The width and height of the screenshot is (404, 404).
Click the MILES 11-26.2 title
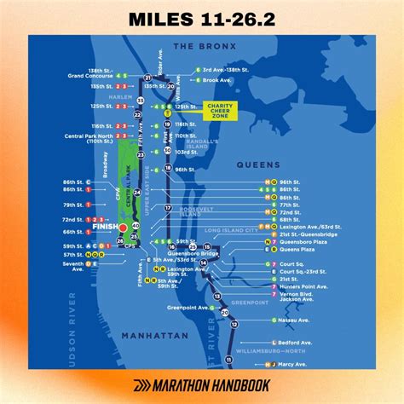(202, 19)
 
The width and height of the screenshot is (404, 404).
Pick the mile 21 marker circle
(147, 78)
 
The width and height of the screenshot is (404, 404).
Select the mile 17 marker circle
(168, 208)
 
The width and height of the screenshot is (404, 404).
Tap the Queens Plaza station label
(294, 250)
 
